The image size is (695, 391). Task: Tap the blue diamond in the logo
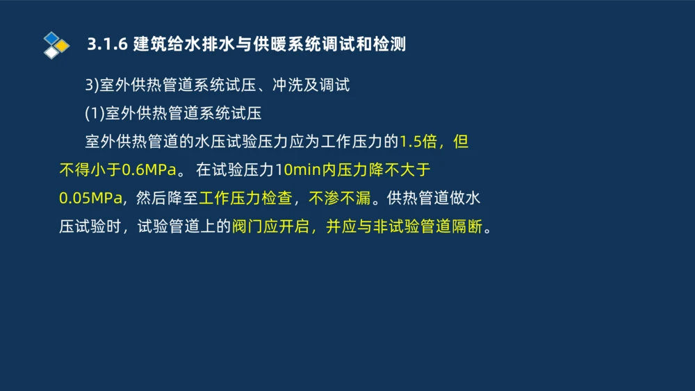51,38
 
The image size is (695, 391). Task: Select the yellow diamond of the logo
63,46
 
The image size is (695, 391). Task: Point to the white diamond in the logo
51,53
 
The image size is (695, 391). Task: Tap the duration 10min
298,170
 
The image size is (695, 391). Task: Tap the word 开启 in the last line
298,227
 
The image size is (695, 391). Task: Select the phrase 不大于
399,170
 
